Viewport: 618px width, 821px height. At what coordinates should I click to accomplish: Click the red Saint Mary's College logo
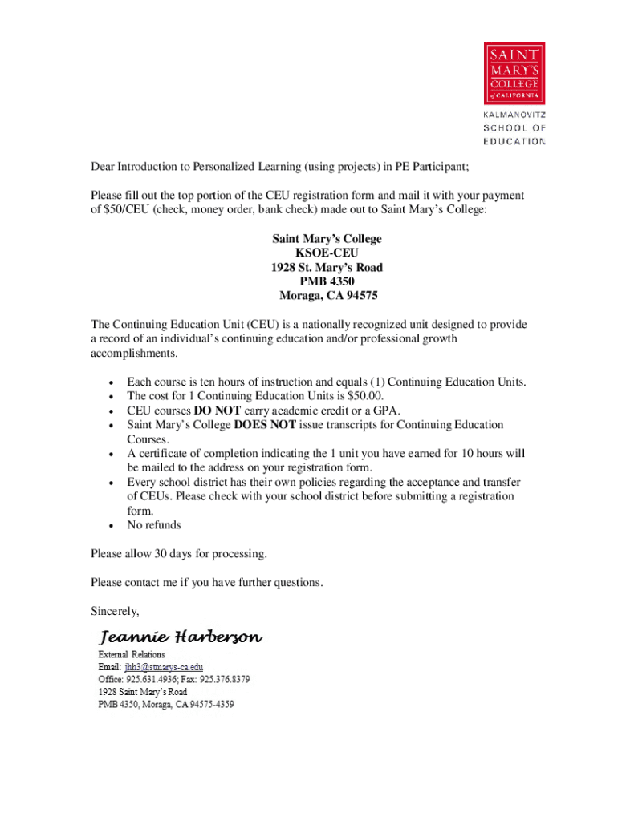[x=514, y=73]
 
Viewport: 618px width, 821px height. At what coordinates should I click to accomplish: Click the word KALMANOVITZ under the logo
[x=514, y=115]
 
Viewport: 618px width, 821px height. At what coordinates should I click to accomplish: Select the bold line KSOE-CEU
[x=327, y=253]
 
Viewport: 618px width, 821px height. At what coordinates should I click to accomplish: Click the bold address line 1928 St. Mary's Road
[x=327, y=268]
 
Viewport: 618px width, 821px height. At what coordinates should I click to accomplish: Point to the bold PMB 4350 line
[x=327, y=281]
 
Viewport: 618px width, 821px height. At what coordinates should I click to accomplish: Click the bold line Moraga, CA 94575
[x=327, y=296]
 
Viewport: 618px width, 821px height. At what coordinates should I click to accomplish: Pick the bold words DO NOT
[x=218, y=410]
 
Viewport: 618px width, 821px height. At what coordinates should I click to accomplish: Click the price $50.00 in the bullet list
[x=365, y=396]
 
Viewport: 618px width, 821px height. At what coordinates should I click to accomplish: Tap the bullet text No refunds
[x=154, y=525]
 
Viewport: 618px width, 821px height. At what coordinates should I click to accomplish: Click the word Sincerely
[x=115, y=612]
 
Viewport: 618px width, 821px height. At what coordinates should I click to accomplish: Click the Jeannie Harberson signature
[x=180, y=638]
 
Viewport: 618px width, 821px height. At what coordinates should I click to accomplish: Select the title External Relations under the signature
[x=131, y=655]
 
